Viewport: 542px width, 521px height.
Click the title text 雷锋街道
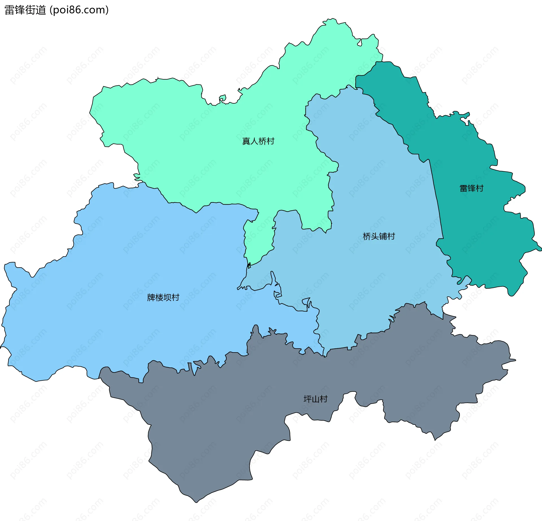[25, 10]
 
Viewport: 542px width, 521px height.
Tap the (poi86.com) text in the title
[79, 10]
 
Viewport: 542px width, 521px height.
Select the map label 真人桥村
[258, 141]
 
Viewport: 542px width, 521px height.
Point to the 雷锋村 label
[471, 188]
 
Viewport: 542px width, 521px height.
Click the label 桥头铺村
[379, 236]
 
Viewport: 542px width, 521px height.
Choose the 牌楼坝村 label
[163, 297]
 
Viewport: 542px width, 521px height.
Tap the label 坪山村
[315, 399]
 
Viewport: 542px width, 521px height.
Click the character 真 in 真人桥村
[246, 141]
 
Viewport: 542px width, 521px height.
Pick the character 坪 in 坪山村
[307, 399]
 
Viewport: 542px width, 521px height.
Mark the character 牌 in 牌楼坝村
[151, 297]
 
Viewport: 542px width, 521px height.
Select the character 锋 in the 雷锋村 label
[471, 188]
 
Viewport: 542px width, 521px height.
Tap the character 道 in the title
[41, 10]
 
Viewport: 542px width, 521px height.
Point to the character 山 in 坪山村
[315, 399]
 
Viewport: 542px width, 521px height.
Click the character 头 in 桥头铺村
[375, 236]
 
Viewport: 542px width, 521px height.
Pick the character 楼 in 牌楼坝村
[159, 297]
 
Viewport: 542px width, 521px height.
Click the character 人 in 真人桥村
[254, 141]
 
